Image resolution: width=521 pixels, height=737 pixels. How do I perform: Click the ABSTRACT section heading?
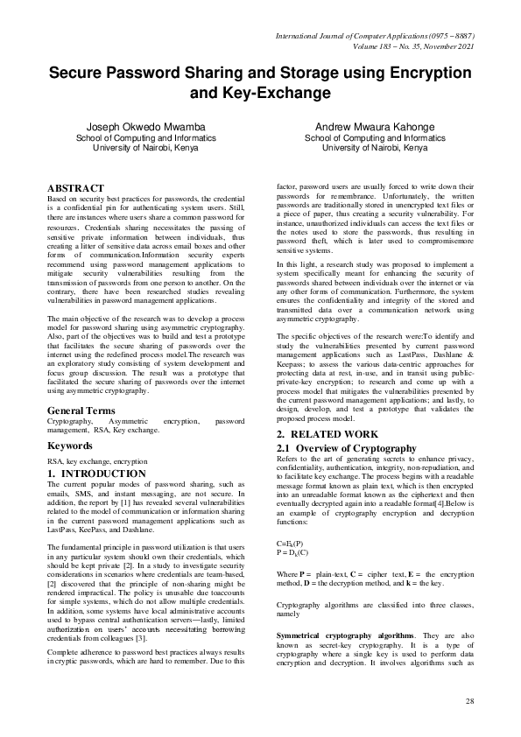coord(75,188)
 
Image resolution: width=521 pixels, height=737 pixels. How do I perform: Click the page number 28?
coord(469,701)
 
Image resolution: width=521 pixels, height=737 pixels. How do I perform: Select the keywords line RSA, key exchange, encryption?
coord(96,460)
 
